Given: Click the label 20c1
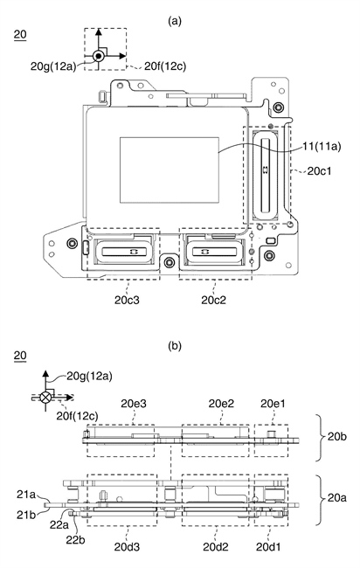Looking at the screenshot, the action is [319, 171].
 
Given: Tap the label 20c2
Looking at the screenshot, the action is [214, 300].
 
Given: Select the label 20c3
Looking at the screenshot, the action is [127, 300].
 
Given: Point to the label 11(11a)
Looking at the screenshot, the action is [322, 146].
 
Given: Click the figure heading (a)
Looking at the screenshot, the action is [175, 21].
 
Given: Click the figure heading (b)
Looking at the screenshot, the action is [175, 346].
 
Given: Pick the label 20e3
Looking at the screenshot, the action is [134, 404].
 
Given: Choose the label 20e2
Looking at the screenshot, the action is [221, 404].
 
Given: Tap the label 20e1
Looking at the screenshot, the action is [273, 404].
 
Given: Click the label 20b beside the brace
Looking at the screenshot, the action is [336, 437].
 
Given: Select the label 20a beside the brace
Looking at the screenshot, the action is [336, 498].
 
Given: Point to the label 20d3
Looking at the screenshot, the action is [127, 547].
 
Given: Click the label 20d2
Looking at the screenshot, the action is [216, 547].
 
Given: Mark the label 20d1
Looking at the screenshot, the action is [268, 547].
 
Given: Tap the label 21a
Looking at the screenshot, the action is [26, 494].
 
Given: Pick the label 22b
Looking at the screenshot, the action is [75, 539].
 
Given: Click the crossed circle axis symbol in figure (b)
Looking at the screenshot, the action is [45, 398].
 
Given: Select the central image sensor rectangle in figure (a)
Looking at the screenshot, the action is [170, 170].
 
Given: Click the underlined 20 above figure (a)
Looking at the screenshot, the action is [20, 34].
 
